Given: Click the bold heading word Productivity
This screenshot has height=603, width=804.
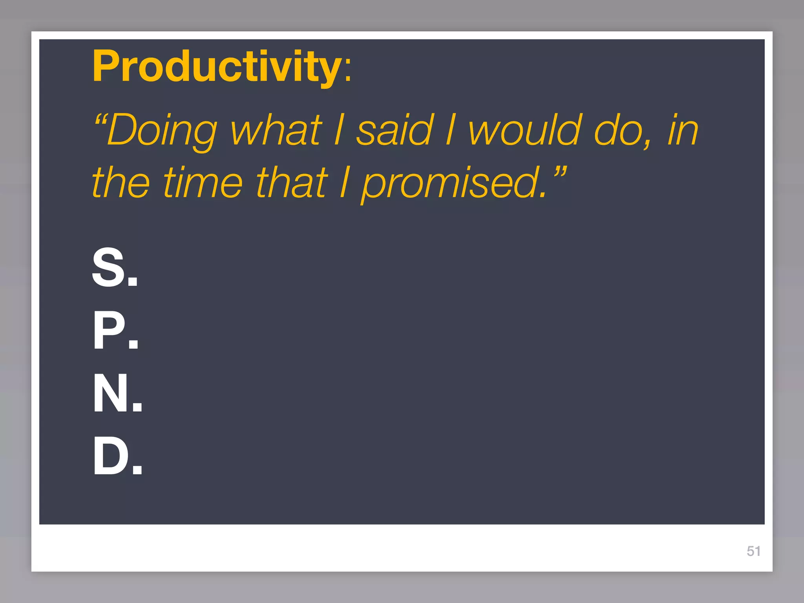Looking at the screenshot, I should [217, 67].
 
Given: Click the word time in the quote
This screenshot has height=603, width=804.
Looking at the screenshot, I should [203, 183].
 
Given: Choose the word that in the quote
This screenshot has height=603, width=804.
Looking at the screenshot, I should [291, 183].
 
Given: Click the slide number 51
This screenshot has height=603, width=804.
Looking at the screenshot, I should [753, 551].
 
